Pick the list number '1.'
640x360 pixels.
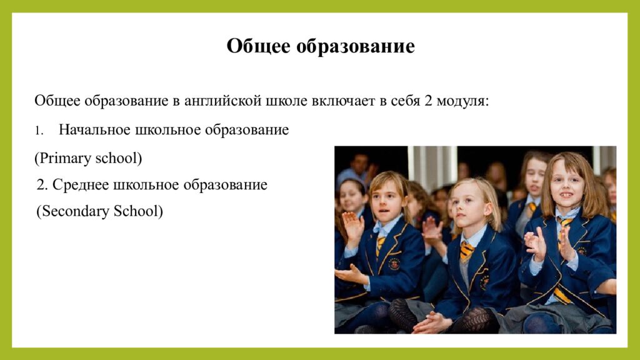(x=38, y=131)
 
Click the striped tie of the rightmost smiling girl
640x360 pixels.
(x=564, y=225)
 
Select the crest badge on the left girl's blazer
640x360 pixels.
(x=394, y=263)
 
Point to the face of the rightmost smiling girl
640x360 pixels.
(x=566, y=184)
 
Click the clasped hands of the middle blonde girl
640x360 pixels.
(x=431, y=322)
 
